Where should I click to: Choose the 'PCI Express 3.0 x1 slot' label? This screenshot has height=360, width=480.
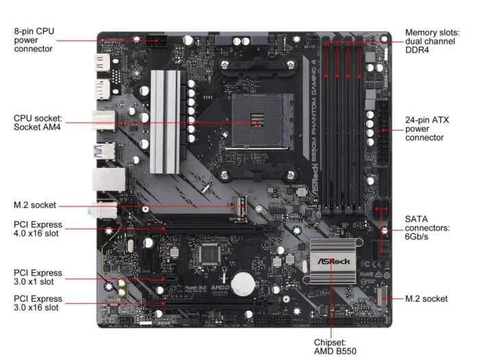point(38,278)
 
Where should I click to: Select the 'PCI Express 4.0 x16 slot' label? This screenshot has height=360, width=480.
point(38,229)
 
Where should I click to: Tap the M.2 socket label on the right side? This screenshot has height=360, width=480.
point(426,298)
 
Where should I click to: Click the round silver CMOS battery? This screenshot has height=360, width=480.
point(242,283)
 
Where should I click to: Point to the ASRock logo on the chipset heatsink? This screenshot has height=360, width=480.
point(333,261)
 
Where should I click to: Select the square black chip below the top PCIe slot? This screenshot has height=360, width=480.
point(209,254)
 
